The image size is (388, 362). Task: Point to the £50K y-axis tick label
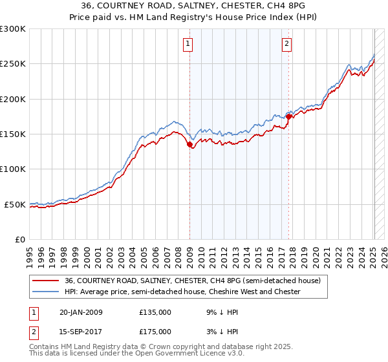pos(16,204)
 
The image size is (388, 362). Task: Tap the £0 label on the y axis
pos(20,239)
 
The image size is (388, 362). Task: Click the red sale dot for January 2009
pos(190,145)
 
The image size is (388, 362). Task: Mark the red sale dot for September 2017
pos(289,117)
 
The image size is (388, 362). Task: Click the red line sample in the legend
pos(46,281)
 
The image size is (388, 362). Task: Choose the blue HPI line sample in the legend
pos(46,292)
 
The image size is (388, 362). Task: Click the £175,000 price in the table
pos(155,331)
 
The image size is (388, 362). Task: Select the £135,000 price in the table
pos(155,312)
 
